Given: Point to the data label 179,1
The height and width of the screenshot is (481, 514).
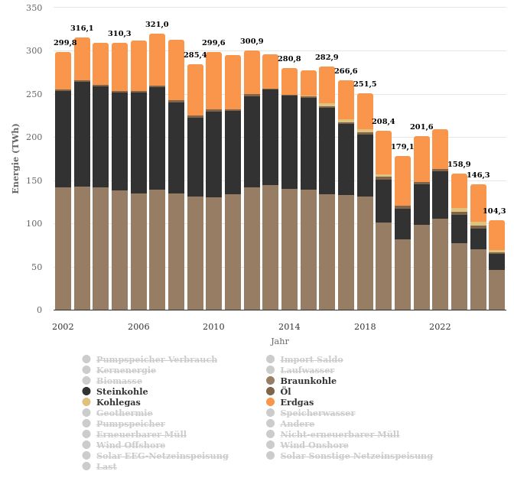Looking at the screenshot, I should click(402, 146).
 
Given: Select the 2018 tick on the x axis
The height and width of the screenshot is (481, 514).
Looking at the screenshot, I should click(365, 327).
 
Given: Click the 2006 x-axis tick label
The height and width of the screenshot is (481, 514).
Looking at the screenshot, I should click(138, 327).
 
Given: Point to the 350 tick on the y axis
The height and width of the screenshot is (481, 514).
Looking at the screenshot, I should click(34, 8).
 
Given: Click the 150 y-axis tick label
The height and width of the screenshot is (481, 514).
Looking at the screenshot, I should click(34, 180).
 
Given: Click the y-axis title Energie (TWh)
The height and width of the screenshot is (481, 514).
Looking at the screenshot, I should click(16, 158).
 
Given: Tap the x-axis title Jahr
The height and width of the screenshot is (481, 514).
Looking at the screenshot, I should click(280, 341).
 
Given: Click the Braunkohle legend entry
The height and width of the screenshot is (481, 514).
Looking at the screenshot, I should click(307, 381).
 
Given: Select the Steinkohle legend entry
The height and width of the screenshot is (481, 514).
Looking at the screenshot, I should click(122, 392).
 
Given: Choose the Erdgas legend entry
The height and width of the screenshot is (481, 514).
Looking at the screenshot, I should click(296, 402).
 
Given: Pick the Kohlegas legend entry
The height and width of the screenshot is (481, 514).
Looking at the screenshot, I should click(119, 402).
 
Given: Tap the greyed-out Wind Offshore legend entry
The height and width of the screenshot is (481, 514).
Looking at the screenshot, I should click(130, 445).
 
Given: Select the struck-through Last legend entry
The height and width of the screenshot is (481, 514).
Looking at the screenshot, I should click(106, 466).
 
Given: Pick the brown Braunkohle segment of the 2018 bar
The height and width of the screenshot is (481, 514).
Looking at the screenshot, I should click(365, 253).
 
